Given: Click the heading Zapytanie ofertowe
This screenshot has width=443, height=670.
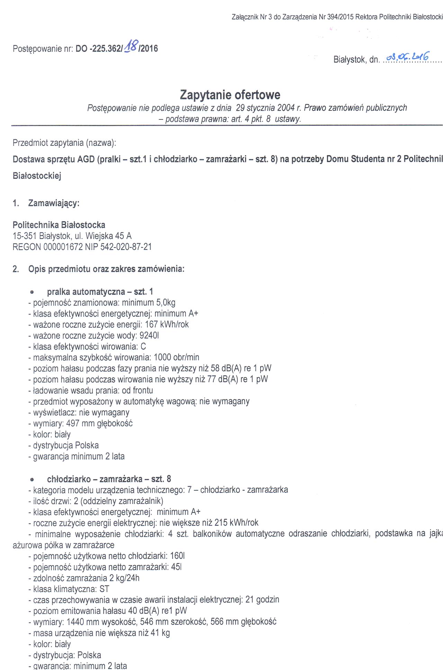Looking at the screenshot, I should point(230,95).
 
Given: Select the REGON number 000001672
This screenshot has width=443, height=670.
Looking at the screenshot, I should point(63,247).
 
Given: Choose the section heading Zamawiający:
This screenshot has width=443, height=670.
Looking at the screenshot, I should point(54,203).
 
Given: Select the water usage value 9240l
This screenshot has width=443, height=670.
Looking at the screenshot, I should point(149,336).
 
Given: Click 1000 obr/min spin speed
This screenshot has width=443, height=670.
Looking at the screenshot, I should point(177,357).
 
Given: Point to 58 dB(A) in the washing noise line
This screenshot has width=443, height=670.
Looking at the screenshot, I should point(224,368).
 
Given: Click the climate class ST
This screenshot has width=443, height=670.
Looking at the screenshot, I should point(104,589).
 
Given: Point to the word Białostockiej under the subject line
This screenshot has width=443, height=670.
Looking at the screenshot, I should point(37,176).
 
